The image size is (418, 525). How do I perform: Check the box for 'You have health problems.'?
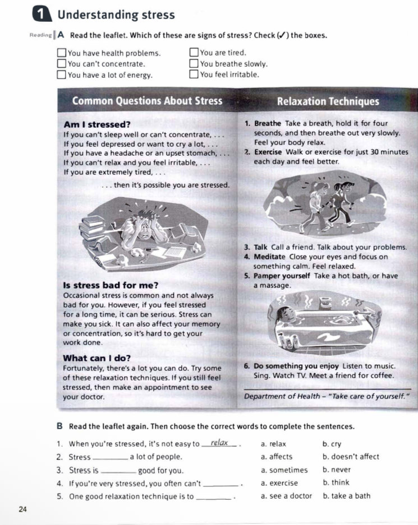(x=61, y=53)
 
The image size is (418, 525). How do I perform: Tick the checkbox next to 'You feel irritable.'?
(x=194, y=74)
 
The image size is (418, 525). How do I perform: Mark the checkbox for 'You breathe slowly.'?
(x=194, y=63)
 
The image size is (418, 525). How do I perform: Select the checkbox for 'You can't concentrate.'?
(x=61, y=63)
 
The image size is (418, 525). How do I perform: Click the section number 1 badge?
(x=42, y=15)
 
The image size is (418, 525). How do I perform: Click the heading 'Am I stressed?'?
(x=97, y=124)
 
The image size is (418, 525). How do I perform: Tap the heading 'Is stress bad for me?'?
(x=111, y=285)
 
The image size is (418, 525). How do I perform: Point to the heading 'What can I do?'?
(x=97, y=358)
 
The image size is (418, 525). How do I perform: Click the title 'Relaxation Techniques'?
(x=328, y=101)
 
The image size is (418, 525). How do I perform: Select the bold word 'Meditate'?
(x=269, y=257)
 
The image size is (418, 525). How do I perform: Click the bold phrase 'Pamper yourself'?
(x=282, y=276)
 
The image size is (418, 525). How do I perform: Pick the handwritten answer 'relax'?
(x=219, y=443)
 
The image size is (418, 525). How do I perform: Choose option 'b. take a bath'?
(x=347, y=496)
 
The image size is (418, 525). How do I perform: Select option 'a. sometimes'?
(x=284, y=470)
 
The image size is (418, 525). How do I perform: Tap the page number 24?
(x=22, y=509)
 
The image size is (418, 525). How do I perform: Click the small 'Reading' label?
(x=40, y=35)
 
